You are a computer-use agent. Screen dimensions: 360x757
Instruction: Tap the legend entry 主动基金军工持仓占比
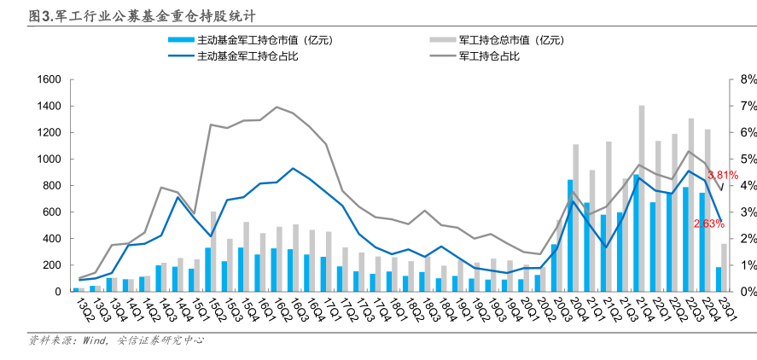(x=247, y=56)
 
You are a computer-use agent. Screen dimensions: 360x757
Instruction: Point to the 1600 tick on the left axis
(x=47, y=79)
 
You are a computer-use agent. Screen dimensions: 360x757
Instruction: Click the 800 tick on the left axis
(x=50, y=185)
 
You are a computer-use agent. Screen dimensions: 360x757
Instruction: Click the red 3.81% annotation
(x=722, y=175)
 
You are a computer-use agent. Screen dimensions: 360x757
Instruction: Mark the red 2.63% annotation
(x=708, y=224)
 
